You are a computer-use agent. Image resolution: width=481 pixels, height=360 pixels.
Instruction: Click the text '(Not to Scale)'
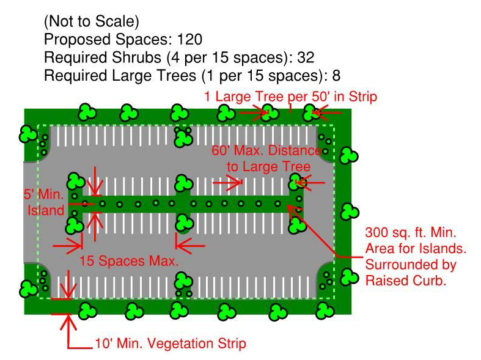coord(91,22)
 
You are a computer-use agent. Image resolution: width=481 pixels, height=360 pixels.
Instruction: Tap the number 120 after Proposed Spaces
coord(189,40)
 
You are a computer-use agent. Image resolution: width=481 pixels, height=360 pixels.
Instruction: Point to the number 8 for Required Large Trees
coord(336,75)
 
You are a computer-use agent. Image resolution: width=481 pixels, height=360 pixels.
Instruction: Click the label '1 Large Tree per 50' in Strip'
coord(290,96)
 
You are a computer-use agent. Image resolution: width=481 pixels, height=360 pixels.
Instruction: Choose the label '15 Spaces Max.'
coord(129,261)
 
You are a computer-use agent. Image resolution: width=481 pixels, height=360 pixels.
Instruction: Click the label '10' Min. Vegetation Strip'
coord(170,343)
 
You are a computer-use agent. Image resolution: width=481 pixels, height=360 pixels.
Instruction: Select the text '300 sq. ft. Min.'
coord(411,233)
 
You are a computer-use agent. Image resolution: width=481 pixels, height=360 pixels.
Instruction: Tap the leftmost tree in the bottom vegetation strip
coord(88,311)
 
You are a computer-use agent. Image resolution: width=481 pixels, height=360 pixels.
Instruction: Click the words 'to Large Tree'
coord(268,166)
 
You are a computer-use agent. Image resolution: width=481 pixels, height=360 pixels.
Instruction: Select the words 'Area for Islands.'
coord(416,249)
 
